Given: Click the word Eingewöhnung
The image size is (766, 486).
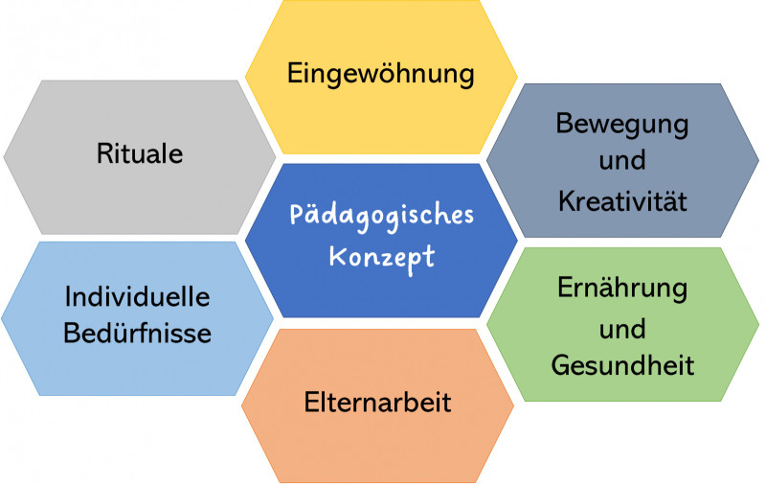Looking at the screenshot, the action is [380, 75].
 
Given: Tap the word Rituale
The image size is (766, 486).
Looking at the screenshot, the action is [140, 153].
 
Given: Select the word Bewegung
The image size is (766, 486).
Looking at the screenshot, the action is [622, 125].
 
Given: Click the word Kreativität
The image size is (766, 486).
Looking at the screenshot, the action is [622, 200].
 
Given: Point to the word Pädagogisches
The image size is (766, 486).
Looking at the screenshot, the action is [381, 216].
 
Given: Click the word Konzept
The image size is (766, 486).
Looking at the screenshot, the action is [381, 258].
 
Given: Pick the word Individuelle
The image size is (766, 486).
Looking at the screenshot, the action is [137, 297].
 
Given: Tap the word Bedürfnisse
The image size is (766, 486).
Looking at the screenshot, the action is [137, 334].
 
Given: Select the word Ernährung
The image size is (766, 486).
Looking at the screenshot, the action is [622, 289].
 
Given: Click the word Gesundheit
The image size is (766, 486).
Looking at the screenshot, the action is [622, 365].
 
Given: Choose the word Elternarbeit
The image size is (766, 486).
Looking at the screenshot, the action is [377, 402].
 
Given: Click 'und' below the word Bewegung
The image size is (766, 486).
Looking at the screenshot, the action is [622, 160].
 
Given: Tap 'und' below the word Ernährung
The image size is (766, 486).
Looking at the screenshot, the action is [622, 329].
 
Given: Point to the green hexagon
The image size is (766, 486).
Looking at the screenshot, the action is [623, 324].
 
